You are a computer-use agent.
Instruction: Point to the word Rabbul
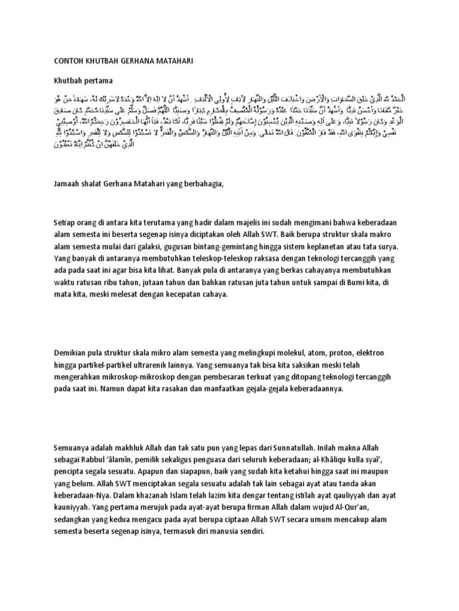tap(97, 459)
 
